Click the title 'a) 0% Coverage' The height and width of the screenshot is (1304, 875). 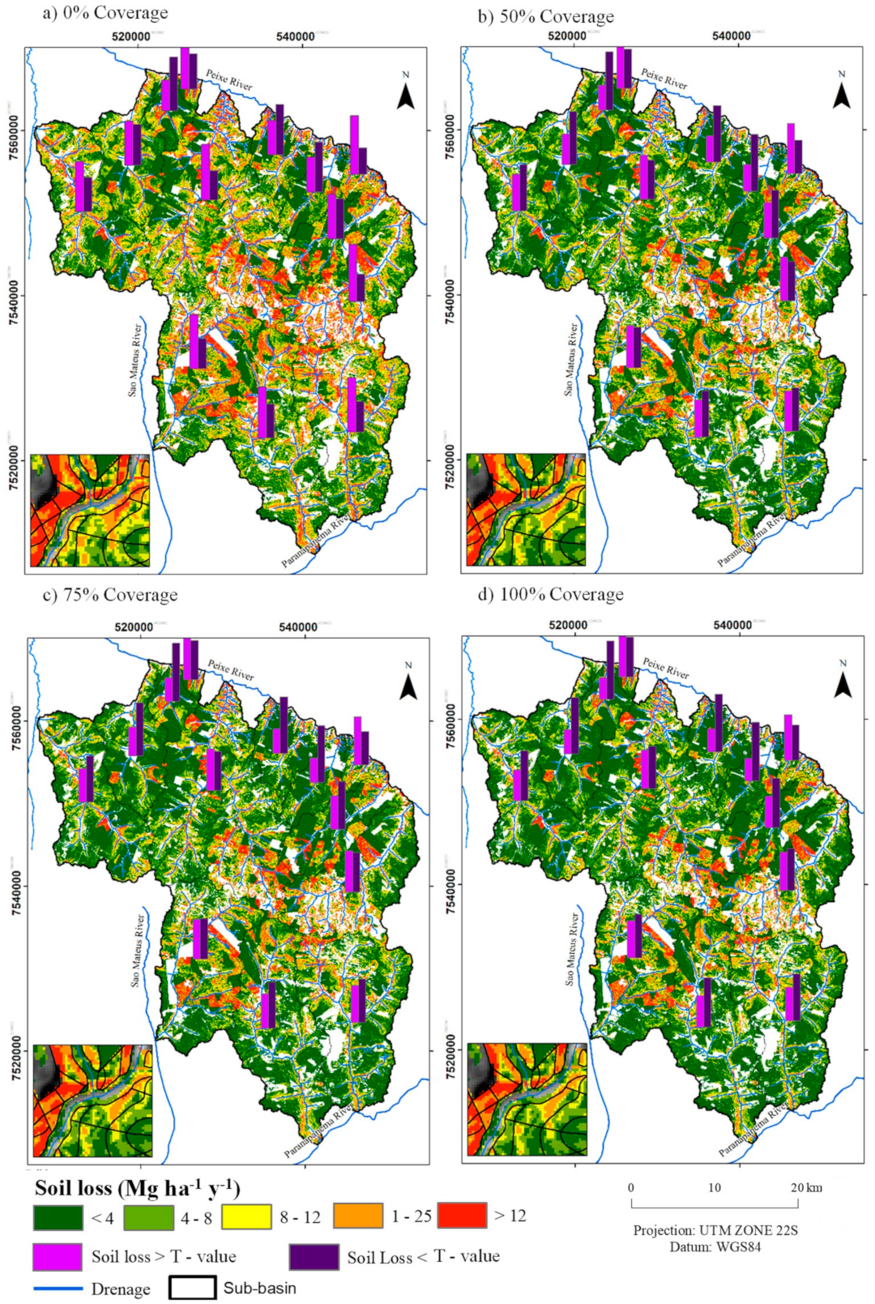(x=105, y=13)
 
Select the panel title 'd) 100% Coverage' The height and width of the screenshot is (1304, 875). (x=551, y=595)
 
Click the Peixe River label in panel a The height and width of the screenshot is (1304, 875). (x=228, y=79)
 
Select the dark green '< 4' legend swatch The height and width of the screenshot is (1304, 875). (x=58, y=1217)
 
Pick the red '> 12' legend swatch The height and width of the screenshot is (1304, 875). (x=462, y=1216)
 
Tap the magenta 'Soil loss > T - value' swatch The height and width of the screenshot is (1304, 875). (x=58, y=1257)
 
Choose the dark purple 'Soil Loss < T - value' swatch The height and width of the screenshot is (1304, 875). (x=314, y=1257)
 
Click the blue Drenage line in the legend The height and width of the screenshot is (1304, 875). (x=58, y=1289)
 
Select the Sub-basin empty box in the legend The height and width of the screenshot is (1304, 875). (x=192, y=1288)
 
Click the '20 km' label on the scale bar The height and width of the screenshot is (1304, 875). (x=806, y=1187)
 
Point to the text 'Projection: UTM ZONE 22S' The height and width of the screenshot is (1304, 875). (x=715, y=1230)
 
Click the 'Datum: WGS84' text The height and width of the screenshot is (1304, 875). (x=715, y=1246)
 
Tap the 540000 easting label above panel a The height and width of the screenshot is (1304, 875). (x=295, y=36)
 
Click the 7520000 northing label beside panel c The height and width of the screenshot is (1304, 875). (x=17, y=1050)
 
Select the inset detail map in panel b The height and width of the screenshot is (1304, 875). (x=525, y=510)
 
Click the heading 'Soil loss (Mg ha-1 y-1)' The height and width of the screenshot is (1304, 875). (x=138, y=1188)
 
